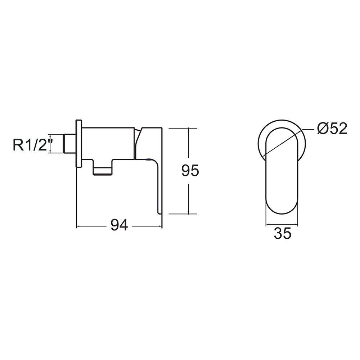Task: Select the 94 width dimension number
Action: point(119,226)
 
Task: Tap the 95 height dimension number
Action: point(190,171)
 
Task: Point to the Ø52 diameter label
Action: point(332,129)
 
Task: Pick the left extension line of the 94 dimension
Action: point(77,198)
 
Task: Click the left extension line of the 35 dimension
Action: point(266,216)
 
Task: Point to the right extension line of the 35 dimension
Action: point(299,216)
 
